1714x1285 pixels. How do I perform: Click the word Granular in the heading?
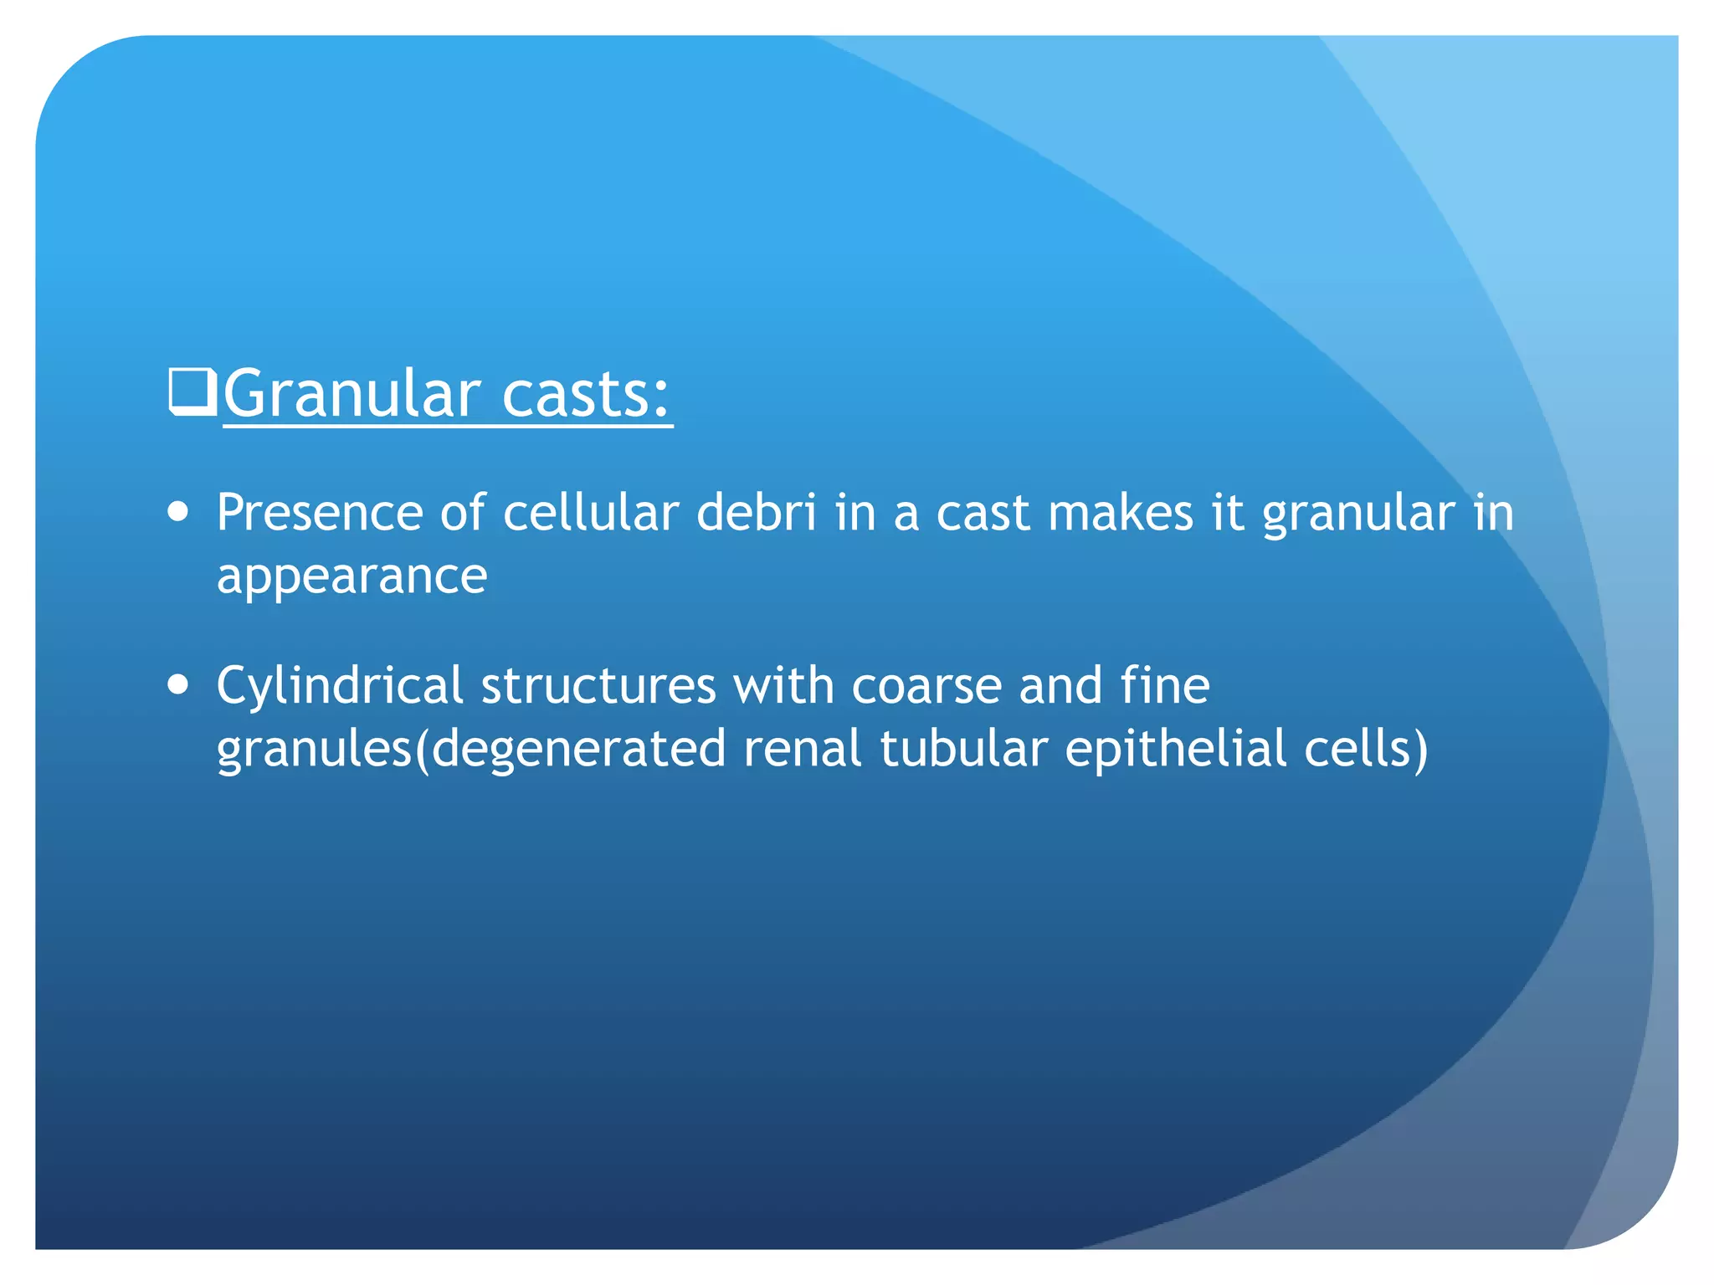click(x=352, y=395)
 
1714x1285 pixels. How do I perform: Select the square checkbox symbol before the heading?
click(x=192, y=392)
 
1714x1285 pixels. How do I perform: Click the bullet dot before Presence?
click(x=177, y=512)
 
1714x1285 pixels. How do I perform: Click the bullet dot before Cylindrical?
click(x=177, y=685)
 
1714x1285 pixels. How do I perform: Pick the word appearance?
click(x=352, y=577)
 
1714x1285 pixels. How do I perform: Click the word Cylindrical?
click(x=339, y=685)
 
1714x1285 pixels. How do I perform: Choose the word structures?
click(x=598, y=685)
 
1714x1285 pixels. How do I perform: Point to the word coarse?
click(x=926, y=685)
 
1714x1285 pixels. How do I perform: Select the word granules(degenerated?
click(x=470, y=749)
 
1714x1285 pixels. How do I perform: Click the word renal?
click(x=802, y=749)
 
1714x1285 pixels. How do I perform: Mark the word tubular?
click(x=963, y=749)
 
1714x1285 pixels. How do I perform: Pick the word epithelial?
click(x=1175, y=749)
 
